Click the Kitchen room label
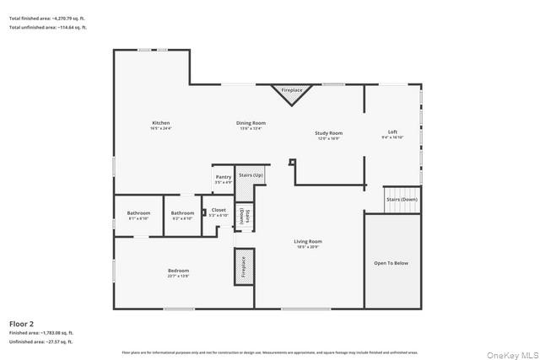coord(160,123)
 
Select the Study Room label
coord(328,132)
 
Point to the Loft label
coord(392,132)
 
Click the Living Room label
coord(309,241)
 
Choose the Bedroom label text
coord(178,270)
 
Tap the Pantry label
coord(224,177)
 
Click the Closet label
coord(219,210)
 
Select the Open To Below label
coord(391,263)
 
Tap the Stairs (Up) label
coord(251,175)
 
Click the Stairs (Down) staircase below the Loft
coord(402,199)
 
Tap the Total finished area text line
coord(47,18)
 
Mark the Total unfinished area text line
coord(47,28)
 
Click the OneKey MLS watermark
coord(516,353)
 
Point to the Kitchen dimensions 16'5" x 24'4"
coord(160,129)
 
